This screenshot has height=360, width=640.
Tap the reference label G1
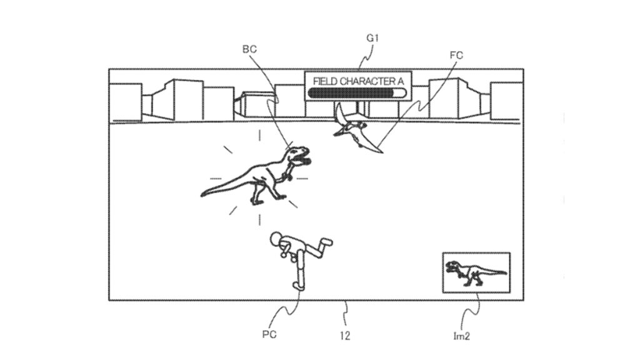(x=373, y=38)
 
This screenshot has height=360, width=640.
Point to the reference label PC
(x=269, y=334)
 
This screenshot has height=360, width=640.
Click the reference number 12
(x=344, y=335)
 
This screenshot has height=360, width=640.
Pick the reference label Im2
(x=461, y=336)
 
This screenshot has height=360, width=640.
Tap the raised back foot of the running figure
(x=327, y=242)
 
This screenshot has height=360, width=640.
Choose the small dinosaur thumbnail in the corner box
(x=476, y=272)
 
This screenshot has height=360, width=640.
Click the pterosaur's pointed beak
(x=381, y=149)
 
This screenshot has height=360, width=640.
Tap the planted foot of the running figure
(x=298, y=286)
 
